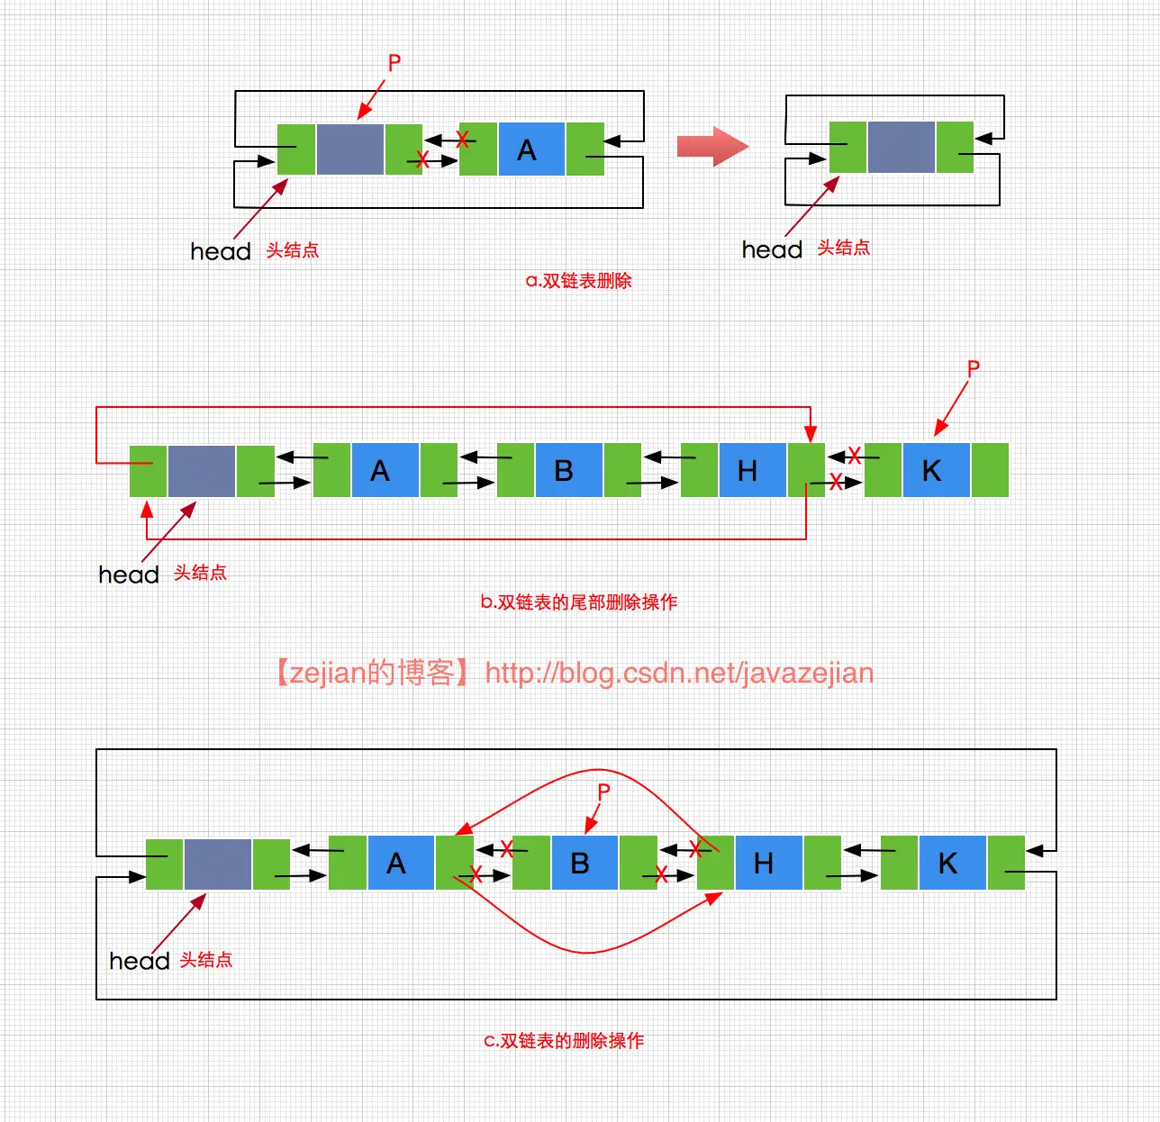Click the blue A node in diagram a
pos(530,149)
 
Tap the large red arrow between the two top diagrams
pos(712,146)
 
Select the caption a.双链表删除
pos(578,281)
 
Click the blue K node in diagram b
pos(935,470)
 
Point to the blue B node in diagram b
pos(568,470)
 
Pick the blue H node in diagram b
pos(752,470)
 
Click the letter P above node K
pos(973,368)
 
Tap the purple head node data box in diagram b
pos(201,470)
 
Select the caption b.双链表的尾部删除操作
pos(578,602)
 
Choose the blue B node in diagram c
pos(584,863)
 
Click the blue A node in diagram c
pos(400,863)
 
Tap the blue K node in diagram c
pos(951,863)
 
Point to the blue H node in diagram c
pos(767,863)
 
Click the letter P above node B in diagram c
pos(603,792)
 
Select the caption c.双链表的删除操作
pos(564,1041)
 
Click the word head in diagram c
pos(139,961)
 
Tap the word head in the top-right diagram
pos(772,249)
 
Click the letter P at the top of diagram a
pos(394,63)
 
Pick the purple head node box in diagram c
pos(217,864)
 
